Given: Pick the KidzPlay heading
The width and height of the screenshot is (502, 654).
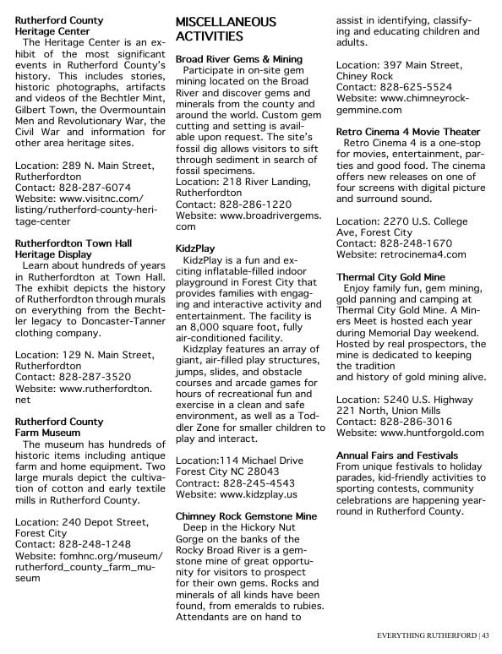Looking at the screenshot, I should pos(195,248).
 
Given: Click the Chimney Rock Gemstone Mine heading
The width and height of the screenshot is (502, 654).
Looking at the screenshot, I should pos(245,515).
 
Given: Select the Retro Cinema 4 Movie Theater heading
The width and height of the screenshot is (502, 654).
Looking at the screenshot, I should pos(407,132).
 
